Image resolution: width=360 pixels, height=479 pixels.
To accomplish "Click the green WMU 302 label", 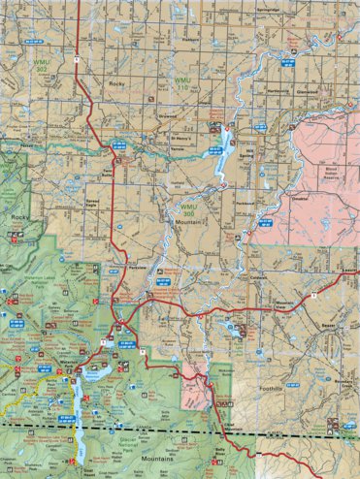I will pos(41,66).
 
